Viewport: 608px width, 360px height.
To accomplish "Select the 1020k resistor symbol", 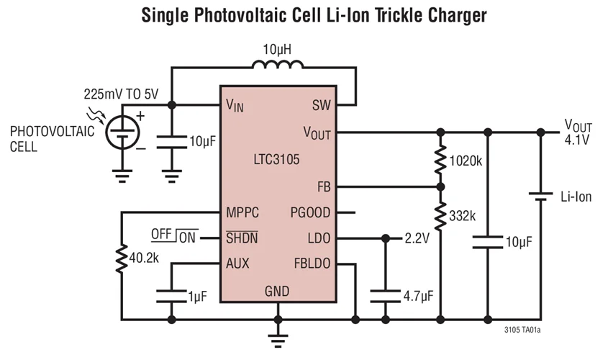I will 439,160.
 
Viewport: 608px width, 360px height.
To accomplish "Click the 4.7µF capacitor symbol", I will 385,296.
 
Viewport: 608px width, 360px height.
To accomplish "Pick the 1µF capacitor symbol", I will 171,296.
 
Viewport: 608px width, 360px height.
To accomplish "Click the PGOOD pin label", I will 311,213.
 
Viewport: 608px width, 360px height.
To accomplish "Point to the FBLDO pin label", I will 312,264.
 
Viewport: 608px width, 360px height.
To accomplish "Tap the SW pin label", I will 322,105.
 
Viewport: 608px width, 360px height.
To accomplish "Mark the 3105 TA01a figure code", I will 522,330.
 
